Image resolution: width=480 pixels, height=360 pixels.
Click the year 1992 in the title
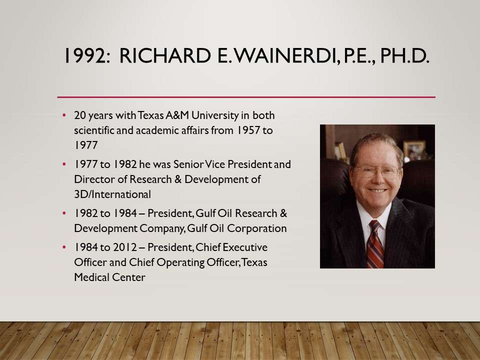point(87,55)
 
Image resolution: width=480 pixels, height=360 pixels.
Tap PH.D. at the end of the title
point(404,55)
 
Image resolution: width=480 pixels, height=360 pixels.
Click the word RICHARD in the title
point(165,55)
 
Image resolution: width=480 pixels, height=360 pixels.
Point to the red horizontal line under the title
point(246,97)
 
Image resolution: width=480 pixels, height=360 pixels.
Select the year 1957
point(248,130)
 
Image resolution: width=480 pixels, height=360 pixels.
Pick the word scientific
point(94,130)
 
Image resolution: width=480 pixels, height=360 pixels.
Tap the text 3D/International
point(112,194)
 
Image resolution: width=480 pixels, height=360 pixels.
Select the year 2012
point(125,247)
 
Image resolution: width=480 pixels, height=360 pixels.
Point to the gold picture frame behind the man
point(414,150)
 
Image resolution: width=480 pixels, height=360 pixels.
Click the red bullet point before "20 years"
point(64,115)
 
